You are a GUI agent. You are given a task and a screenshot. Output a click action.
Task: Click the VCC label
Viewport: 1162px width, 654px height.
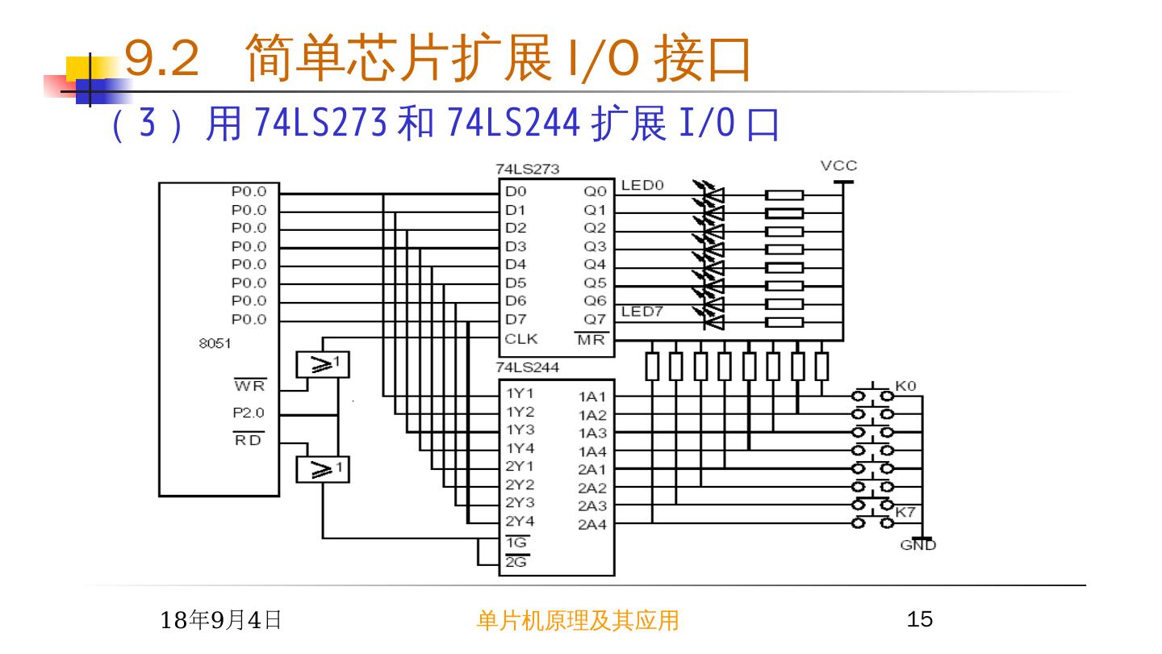(838, 166)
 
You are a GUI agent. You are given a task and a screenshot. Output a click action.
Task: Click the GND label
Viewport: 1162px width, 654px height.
(917, 546)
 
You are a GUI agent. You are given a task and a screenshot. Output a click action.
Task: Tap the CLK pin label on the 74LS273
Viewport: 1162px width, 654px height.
(520, 339)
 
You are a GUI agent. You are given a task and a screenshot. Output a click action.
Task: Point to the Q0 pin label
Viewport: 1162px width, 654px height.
(595, 192)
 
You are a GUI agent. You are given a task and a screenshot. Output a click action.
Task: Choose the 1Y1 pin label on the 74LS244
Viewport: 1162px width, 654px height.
(520, 394)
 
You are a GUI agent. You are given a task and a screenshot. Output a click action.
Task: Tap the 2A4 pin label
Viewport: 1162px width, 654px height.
(591, 525)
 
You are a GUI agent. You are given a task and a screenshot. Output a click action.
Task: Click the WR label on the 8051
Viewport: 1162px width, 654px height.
(249, 385)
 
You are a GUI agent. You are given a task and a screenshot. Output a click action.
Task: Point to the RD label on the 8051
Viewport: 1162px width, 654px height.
(249, 440)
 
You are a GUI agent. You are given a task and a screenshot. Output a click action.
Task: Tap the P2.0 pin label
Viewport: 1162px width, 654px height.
(249, 413)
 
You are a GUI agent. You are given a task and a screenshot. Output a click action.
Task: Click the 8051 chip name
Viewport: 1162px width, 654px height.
(215, 343)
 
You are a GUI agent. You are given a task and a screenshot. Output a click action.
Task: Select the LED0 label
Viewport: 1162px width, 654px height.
(642, 186)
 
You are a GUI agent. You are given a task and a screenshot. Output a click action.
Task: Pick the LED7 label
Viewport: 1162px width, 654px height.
(642, 312)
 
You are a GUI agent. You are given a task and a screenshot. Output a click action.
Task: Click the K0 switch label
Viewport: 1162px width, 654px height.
(905, 386)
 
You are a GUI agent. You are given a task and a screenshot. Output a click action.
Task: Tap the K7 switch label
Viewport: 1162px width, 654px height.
(905, 511)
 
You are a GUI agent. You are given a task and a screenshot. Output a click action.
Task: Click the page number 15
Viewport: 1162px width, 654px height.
(920, 620)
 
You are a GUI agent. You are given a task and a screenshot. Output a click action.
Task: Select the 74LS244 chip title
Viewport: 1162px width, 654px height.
(528, 367)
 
